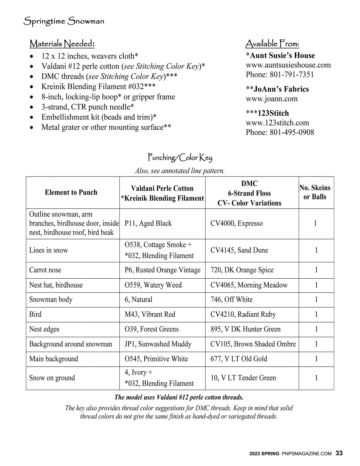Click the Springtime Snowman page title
point(64,22)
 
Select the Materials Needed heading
point(62,44)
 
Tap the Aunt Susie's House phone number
point(280,75)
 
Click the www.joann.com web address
point(272,99)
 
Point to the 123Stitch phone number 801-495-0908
point(280,132)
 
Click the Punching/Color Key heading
point(180,158)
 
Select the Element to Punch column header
point(71,193)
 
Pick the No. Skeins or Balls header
point(315,192)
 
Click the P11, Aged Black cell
point(148,223)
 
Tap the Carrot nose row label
point(45,270)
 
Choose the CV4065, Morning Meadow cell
point(249,285)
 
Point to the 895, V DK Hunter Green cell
point(245,329)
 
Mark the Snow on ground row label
point(52,378)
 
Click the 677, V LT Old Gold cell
point(239,359)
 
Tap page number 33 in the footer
point(339,453)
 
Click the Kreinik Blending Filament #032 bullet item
point(98,87)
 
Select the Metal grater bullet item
point(106,127)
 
